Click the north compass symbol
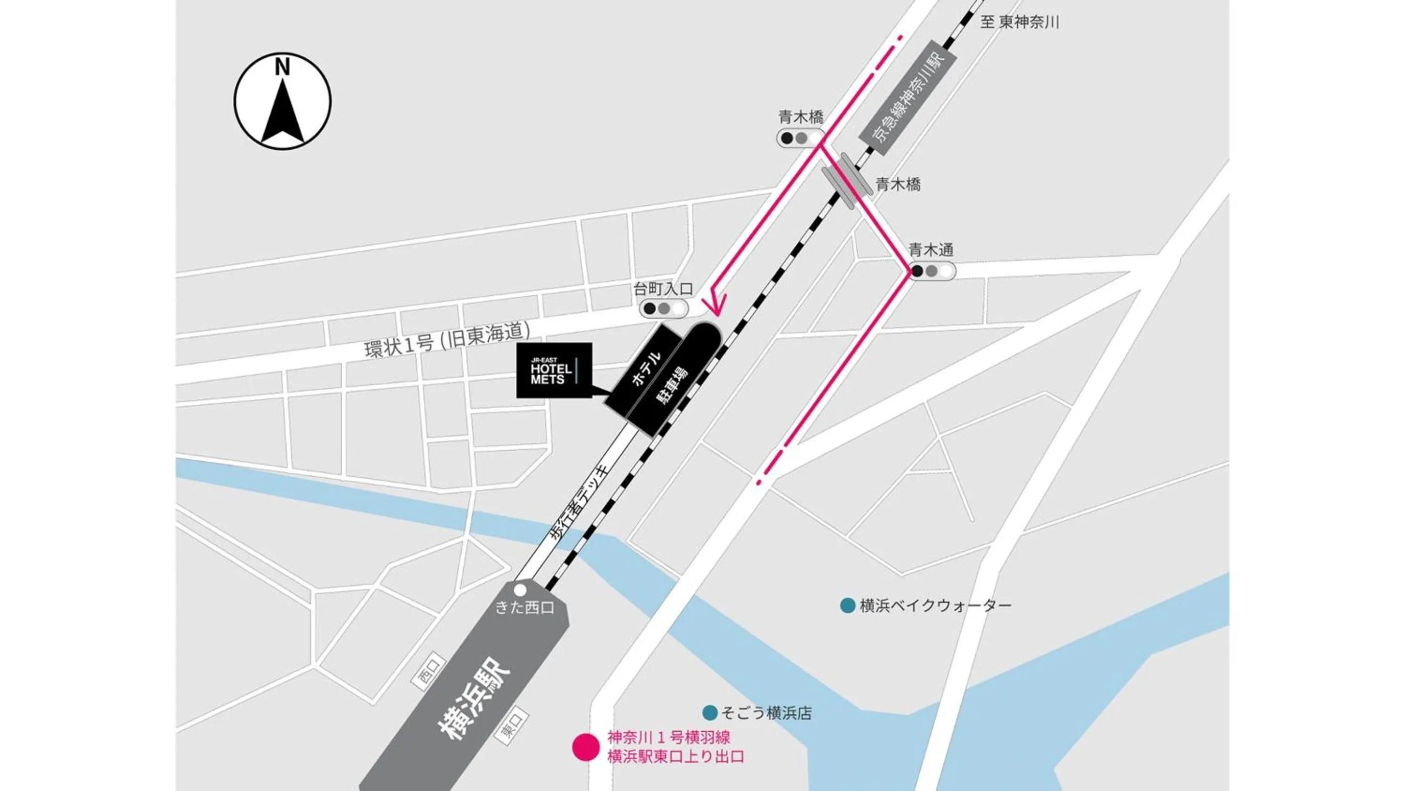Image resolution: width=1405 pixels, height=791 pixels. pos(282,101)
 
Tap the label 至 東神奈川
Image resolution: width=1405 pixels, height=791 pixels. pos(1019,22)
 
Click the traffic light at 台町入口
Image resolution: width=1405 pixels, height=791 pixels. pos(663,308)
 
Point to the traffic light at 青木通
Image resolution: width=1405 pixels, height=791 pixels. pos(932,271)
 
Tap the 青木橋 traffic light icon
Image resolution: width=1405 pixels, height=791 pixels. pos(800,138)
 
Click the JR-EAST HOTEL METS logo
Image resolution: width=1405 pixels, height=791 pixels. pos(554,370)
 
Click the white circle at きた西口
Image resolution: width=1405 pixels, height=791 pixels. pos(520,590)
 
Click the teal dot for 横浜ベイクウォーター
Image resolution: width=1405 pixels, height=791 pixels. pos(847,606)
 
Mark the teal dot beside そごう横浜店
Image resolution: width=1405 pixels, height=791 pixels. pos(709,712)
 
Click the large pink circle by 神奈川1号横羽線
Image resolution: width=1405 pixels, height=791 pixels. pos(586,748)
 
